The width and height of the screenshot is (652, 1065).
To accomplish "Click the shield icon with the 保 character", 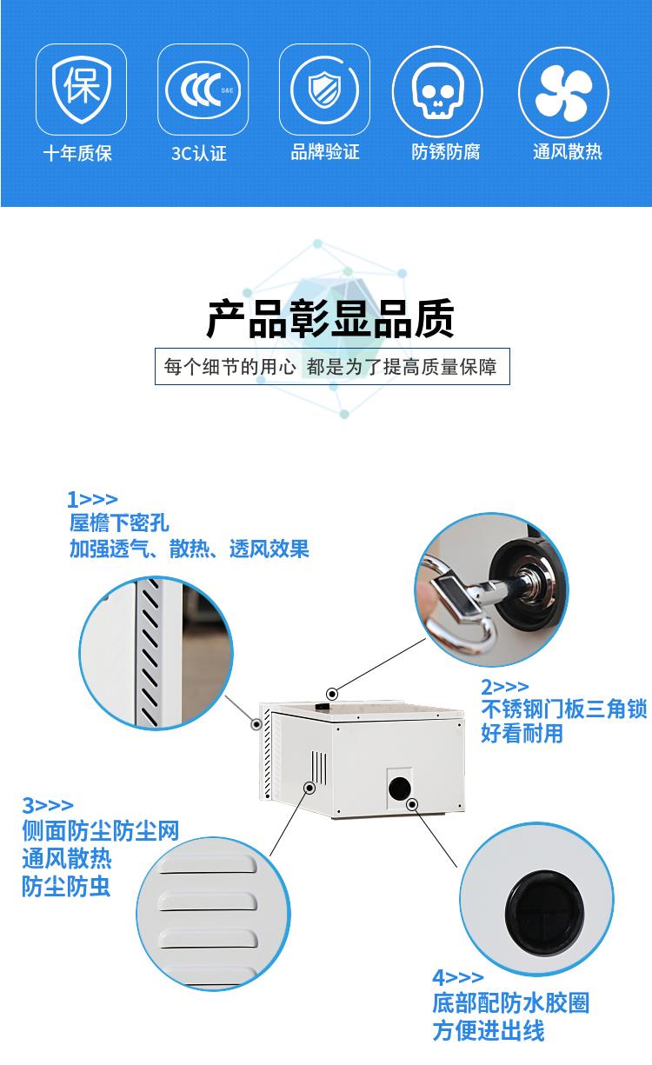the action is (x=82, y=90).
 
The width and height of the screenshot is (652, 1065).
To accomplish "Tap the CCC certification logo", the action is (x=203, y=90).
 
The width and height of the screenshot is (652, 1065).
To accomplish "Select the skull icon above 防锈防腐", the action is (x=437, y=90).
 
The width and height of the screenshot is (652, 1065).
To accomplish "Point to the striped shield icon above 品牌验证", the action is (x=325, y=89).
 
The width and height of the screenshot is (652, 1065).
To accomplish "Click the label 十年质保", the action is (x=77, y=153).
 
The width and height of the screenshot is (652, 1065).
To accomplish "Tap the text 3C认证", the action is (x=199, y=153).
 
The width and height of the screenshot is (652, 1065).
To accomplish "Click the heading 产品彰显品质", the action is (x=330, y=318).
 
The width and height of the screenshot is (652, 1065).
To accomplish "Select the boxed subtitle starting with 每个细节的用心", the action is (x=332, y=366).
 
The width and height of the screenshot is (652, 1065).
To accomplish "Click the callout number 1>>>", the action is (x=92, y=499).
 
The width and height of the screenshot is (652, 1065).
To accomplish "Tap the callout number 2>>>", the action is (x=504, y=687).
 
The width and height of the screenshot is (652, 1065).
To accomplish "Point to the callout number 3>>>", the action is (x=48, y=805).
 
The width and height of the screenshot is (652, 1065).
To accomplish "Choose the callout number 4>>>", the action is (x=457, y=977).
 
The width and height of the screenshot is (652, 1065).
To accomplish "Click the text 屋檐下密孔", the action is (x=119, y=523).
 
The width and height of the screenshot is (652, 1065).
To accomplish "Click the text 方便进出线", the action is (x=489, y=1031).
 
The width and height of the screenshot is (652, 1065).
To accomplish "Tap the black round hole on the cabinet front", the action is (x=400, y=788).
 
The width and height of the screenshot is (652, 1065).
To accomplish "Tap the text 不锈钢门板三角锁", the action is (x=564, y=709).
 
